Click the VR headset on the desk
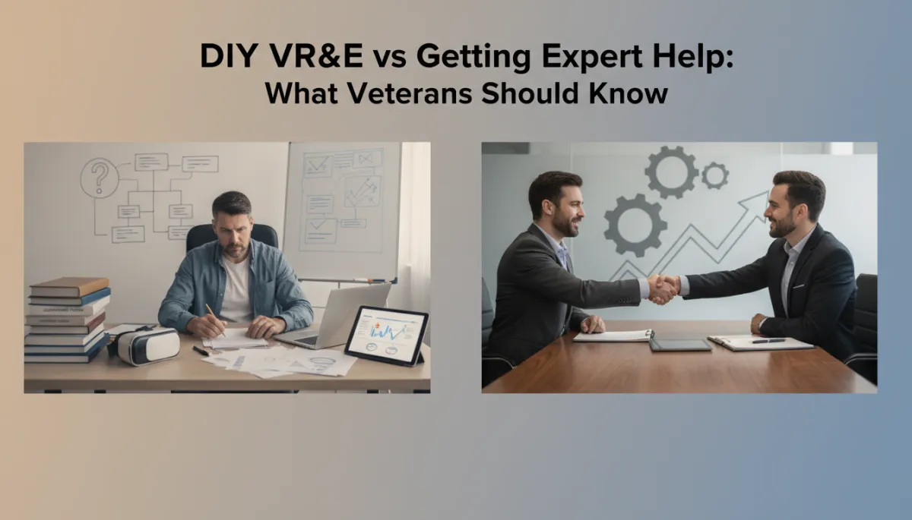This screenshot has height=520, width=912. click(147, 345)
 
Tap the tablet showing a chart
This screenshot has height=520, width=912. click(387, 334)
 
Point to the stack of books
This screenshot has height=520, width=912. click(66, 319)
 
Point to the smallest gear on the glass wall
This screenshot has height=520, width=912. click(714, 176)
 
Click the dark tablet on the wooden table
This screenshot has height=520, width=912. click(679, 344)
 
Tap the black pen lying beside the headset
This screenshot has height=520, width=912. click(200, 351)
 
